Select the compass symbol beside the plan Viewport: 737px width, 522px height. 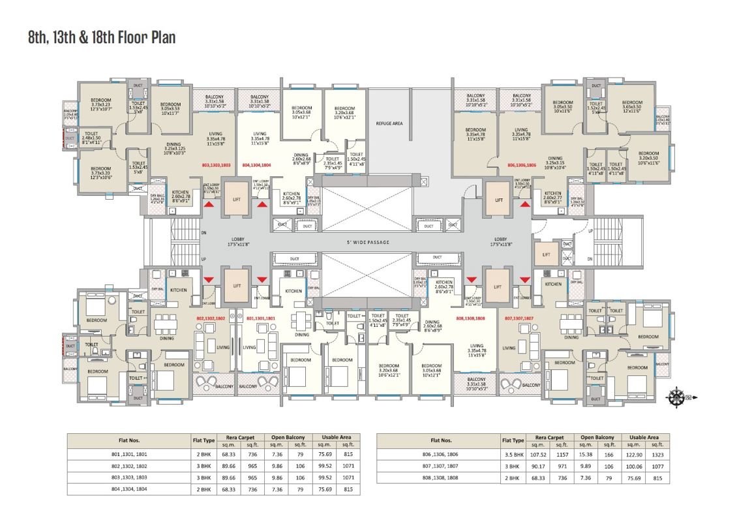679,395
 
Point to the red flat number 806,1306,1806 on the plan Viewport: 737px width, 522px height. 521,166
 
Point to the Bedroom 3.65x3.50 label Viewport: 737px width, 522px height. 632,105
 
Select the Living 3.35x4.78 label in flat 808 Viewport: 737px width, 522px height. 476,350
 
